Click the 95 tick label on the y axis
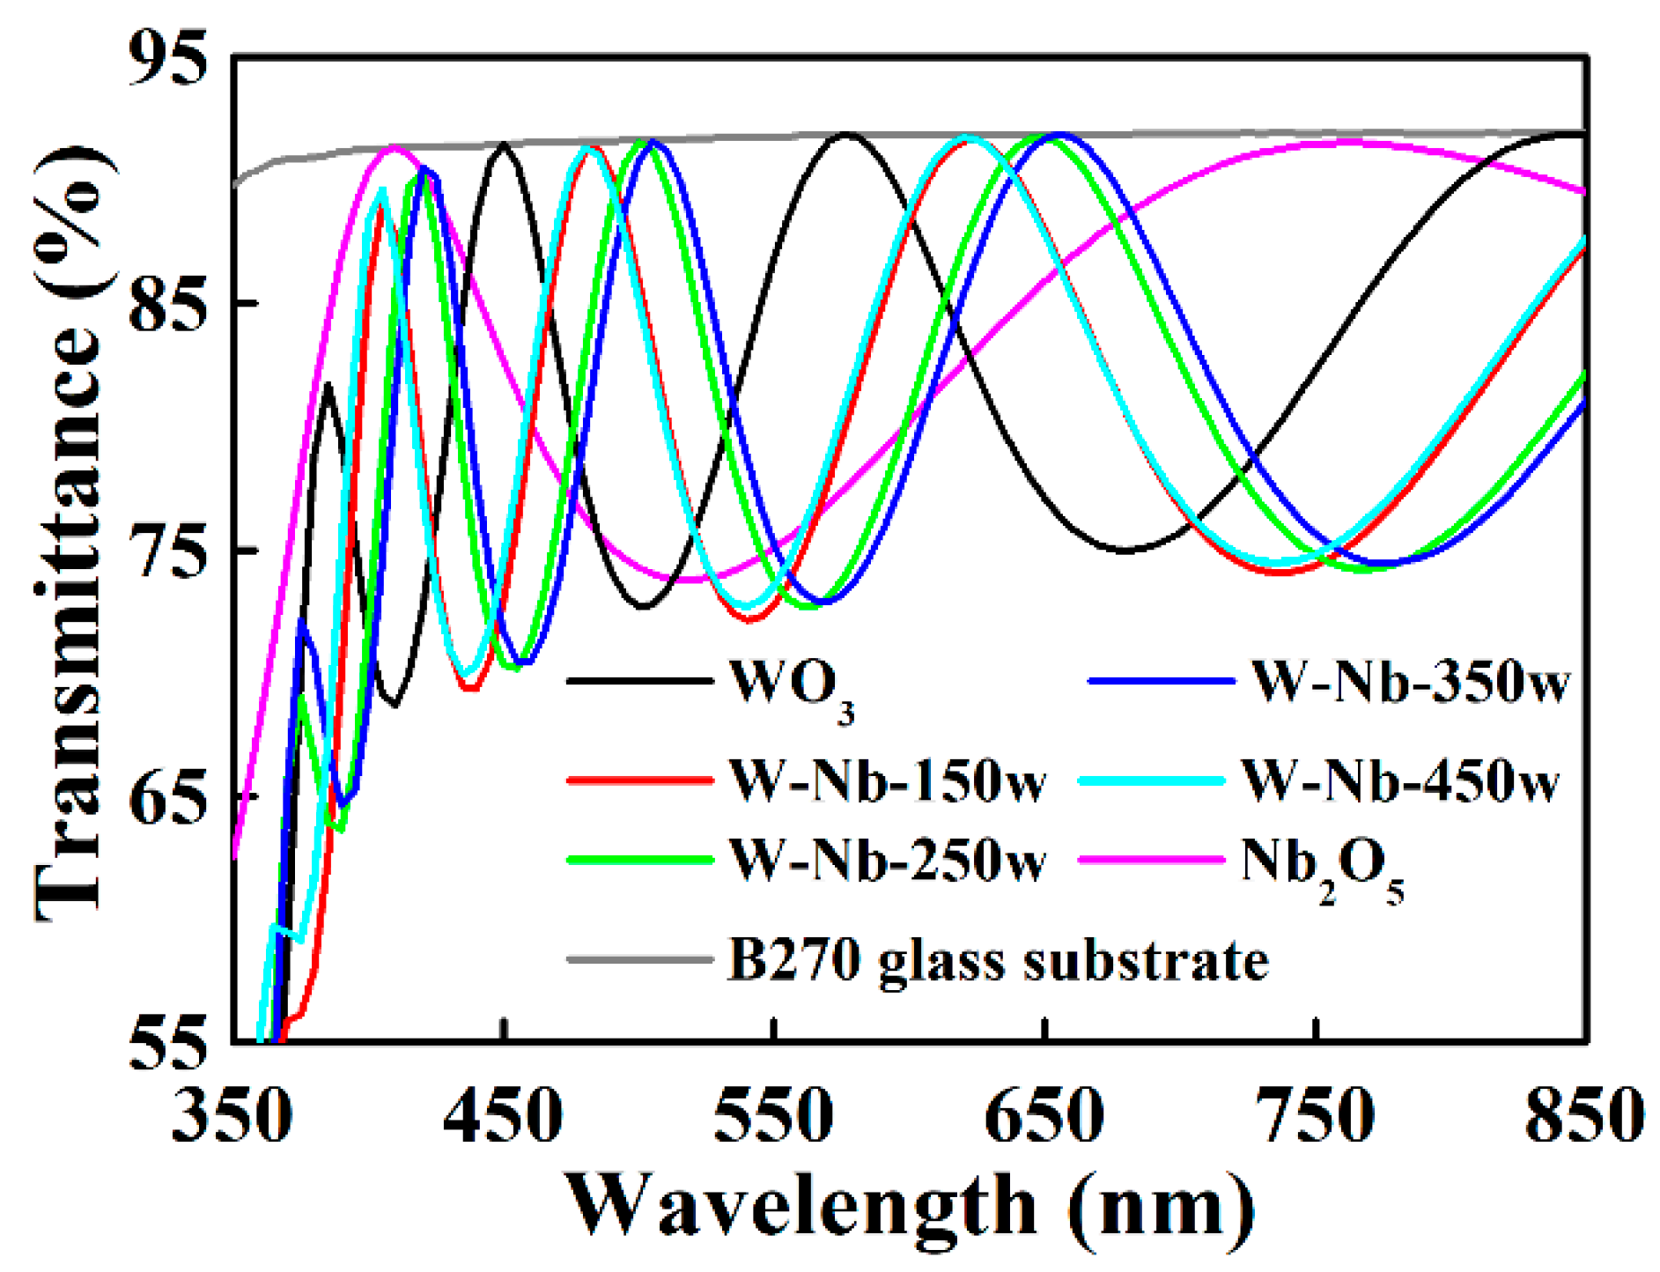pyautogui.click(x=167, y=59)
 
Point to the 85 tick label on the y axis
pyautogui.click(x=167, y=304)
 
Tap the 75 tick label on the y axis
pyautogui.click(x=167, y=551)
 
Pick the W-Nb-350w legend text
pyautogui.click(x=1409, y=683)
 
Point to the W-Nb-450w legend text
pyautogui.click(x=1400, y=780)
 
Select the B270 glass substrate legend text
pyautogui.click(x=999, y=961)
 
